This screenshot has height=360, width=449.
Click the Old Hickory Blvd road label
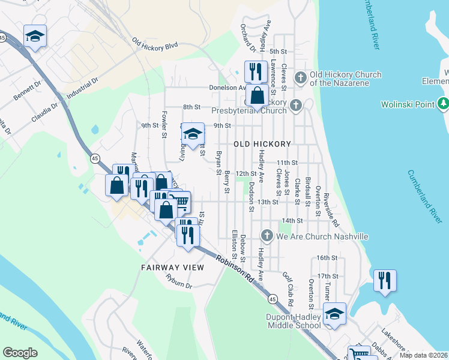pyautogui.click(x=155, y=44)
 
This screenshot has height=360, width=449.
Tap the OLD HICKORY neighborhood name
pyautogui.click(x=262, y=144)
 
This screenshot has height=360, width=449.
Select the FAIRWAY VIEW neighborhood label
pyautogui.click(x=173, y=267)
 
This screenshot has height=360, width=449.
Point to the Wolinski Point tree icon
pyautogui.click(x=444, y=104)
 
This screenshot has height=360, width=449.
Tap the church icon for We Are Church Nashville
pyautogui.click(x=267, y=236)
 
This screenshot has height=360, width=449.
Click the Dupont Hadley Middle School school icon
pyautogui.click(x=334, y=313)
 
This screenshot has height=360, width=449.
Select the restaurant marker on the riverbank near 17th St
pyautogui.click(x=384, y=280)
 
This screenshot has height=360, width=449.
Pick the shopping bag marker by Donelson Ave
pyautogui.click(x=257, y=95)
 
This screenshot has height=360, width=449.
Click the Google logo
pyautogui.click(x=20, y=353)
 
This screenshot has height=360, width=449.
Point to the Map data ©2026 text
pyautogui.click(x=423, y=355)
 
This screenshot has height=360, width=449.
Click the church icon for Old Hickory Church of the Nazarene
pyautogui.click(x=300, y=78)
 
